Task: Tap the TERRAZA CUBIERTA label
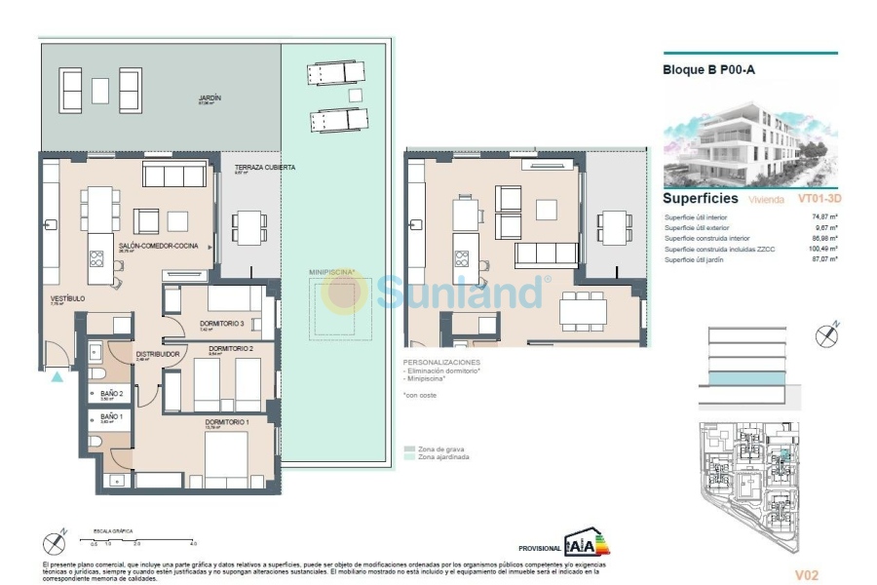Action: pos(264,168)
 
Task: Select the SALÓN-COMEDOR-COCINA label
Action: pos(159,247)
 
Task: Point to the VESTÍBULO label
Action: pos(68,298)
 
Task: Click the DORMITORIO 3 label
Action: pos(221,323)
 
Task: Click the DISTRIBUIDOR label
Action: pos(157,354)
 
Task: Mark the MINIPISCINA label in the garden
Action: pos(332,273)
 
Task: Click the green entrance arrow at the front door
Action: pos(57,375)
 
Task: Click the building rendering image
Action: pos(749,136)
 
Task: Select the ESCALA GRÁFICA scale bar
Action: pos(142,539)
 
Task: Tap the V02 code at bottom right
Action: pos(807,575)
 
